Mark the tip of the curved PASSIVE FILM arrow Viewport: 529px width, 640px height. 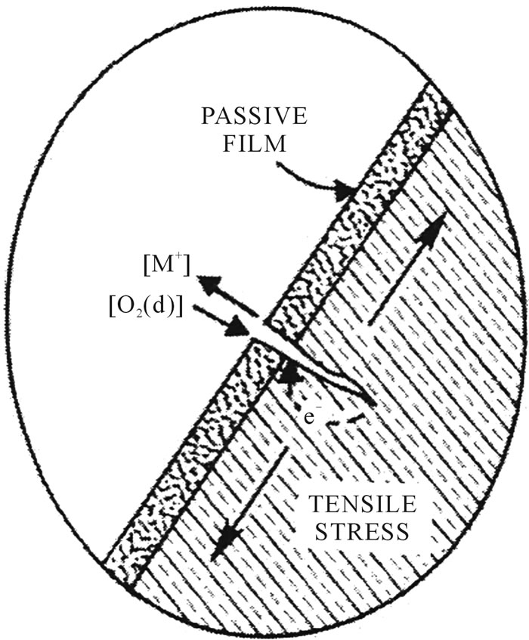coord(350,195)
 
